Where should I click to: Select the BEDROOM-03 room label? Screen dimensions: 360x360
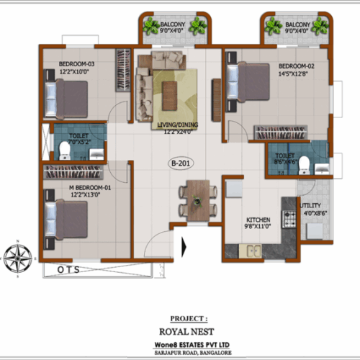78,66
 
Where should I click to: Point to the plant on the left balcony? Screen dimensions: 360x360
152,27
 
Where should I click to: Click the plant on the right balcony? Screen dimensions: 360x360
274,26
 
